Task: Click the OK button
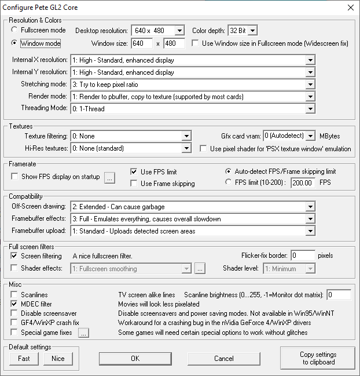tap(135, 359)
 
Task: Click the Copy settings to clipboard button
tap(318, 359)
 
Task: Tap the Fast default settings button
tap(24, 359)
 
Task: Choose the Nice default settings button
tap(58, 359)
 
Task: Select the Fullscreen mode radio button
tap(15, 30)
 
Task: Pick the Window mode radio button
tap(15, 43)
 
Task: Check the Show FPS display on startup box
tap(15, 177)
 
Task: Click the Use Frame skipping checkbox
tap(134, 184)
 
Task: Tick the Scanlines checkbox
tap(15, 295)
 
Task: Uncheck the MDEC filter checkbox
tap(15, 304)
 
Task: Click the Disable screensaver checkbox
tap(15, 313)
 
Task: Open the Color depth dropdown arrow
tap(252, 30)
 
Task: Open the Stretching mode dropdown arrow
tap(310, 85)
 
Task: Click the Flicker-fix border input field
tap(303, 255)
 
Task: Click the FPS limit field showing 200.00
tap(302, 183)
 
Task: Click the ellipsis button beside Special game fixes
tap(83, 333)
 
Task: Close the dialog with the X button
tap(350, 8)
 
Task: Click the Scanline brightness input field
tap(339, 295)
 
